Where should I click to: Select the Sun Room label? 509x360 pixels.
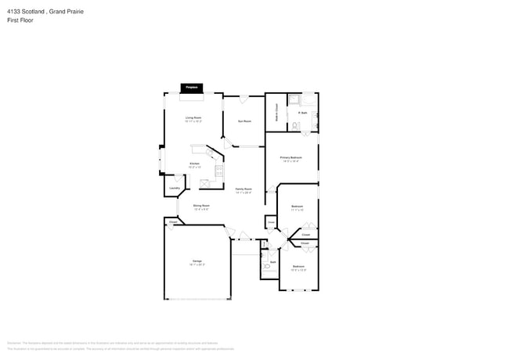click(244, 121)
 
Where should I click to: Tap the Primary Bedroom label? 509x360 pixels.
click(291, 158)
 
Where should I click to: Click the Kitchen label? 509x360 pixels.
click(193, 164)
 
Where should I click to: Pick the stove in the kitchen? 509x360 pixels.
click(220, 172)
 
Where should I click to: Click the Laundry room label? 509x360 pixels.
click(175, 188)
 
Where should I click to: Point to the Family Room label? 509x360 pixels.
click(244, 189)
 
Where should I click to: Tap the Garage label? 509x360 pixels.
click(197, 261)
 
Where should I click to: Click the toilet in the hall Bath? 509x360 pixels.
click(267, 267)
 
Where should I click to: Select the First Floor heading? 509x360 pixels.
click(20, 21)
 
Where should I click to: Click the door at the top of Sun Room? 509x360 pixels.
click(244, 98)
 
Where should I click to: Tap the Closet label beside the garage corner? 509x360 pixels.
click(172, 222)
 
